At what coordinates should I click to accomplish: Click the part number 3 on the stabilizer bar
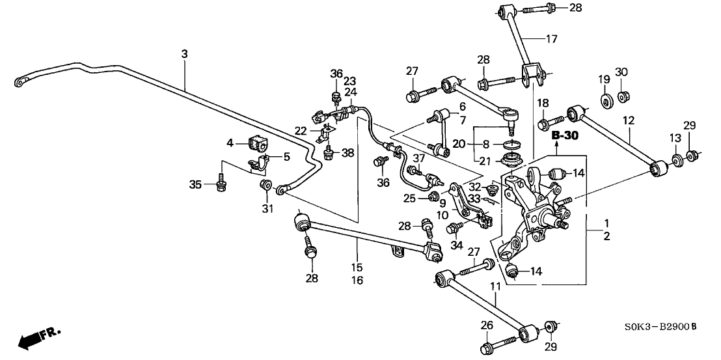184,55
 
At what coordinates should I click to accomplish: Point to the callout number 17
551,38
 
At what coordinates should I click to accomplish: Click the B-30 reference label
564,137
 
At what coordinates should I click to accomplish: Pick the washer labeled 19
603,100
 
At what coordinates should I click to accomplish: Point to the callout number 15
357,268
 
